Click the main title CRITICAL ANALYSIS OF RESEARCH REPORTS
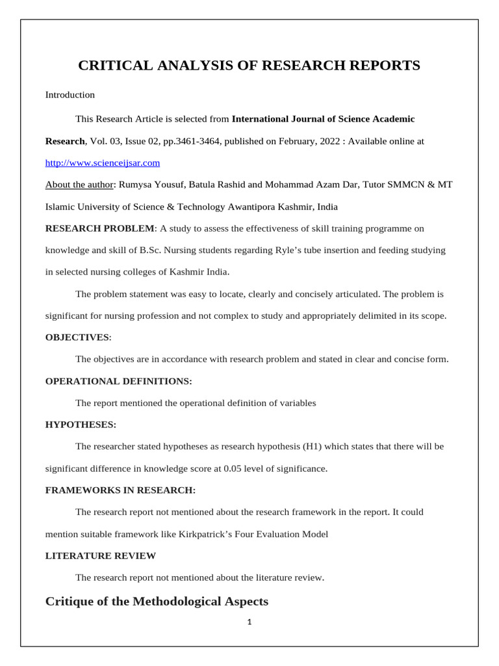[x=249, y=66]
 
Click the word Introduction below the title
[x=70, y=95]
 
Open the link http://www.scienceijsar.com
[x=102, y=163]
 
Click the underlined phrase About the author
[x=79, y=185]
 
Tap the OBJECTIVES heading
[x=77, y=338]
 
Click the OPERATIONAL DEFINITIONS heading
[x=118, y=381]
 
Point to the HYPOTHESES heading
[x=81, y=425]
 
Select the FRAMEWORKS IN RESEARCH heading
[x=120, y=490]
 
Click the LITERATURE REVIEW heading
[x=100, y=555]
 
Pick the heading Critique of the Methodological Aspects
[x=157, y=602]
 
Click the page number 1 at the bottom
[x=249, y=622]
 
